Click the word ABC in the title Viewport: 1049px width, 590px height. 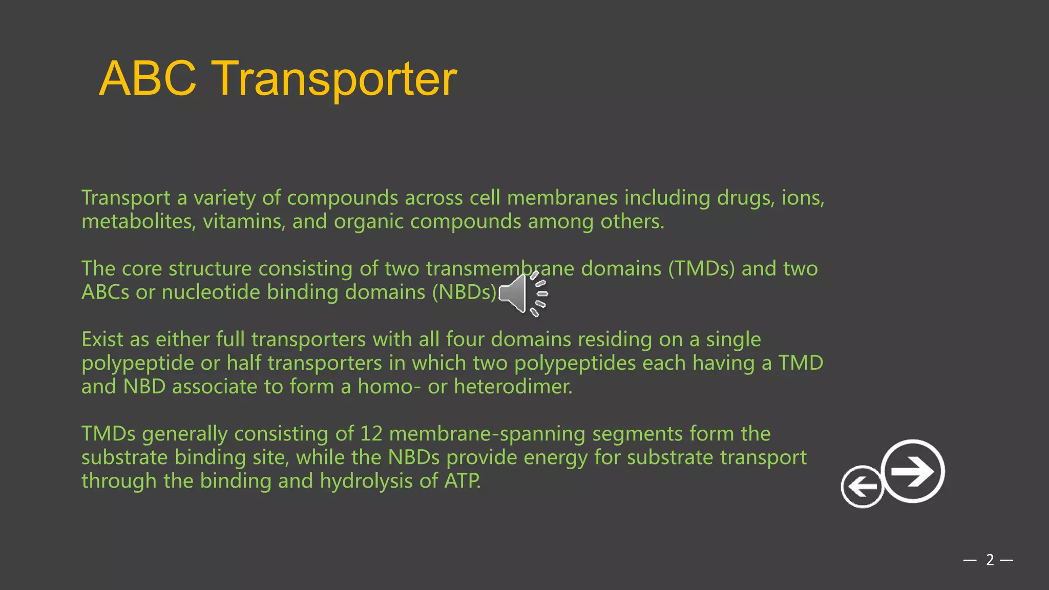point(148,79)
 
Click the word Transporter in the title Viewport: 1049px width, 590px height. point(334,79)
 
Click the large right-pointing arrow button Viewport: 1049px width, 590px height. point(913,471)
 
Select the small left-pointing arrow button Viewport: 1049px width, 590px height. point(862,487)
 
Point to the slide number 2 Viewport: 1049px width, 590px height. point(990,560)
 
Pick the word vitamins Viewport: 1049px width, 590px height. point(244,221)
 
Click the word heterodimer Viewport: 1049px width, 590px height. point(513,386)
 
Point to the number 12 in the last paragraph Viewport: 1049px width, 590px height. point(371,434)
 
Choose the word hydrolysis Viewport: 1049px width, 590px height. point(366,481)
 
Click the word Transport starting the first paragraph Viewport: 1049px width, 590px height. point(125,198)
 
